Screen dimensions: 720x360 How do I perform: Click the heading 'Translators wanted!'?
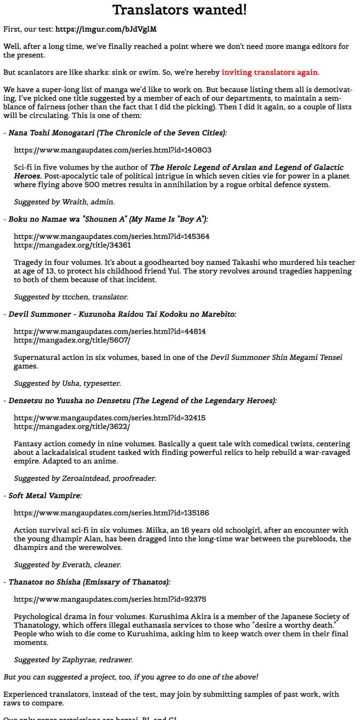(x=180, y=10)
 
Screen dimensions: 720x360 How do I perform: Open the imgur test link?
(x=106, y=29)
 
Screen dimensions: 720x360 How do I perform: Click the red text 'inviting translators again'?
(x=269, y=72)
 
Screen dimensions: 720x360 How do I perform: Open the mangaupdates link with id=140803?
(x=113, y=150)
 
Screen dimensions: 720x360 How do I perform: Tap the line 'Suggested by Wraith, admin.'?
(x=64, y=202)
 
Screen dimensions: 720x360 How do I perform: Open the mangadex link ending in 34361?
(x=72, y=245)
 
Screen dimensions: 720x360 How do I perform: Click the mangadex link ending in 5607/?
(x=72, y=340)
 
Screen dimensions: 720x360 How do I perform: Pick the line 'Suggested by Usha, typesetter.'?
(x=67, y=383)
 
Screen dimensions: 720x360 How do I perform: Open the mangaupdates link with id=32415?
(x=110, y=418)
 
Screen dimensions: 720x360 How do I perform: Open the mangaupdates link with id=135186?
(x=111, y=513)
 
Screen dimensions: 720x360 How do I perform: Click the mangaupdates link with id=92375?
(x=110, y=599)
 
